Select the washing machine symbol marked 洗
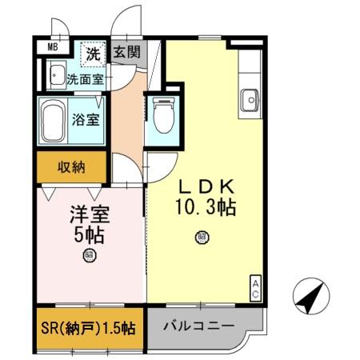[94, 55]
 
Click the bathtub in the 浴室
[55, 120]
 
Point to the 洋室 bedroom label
[88, 214]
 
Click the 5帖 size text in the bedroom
[88, 235]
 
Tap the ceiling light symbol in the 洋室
[88, 256]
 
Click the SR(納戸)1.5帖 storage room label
[89, 328]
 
